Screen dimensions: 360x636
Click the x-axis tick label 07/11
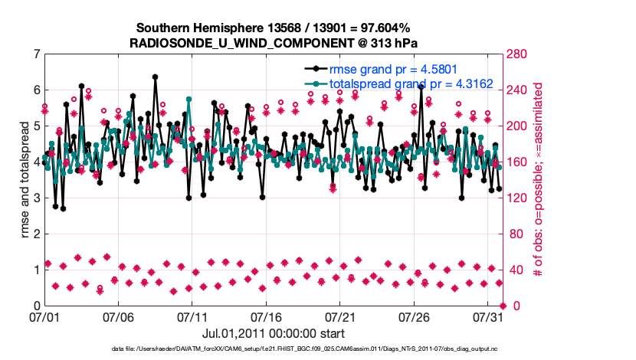click(192, 316)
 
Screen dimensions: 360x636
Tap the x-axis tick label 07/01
click(44, 316)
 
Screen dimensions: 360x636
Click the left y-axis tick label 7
click(37, 54)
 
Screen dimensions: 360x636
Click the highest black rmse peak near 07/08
click(155, 77)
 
